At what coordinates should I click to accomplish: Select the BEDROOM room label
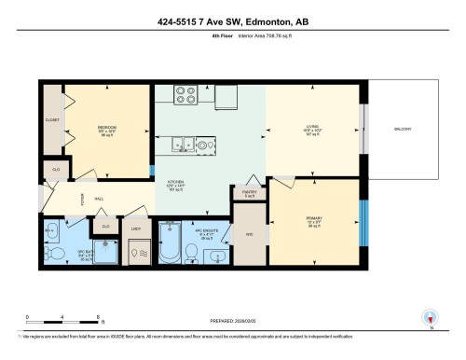(x=106, y=128)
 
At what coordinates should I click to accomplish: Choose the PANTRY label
(x=249, y=193)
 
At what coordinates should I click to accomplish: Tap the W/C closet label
(x=249, y=233)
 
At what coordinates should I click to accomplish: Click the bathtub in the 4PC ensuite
(x=171, y=242)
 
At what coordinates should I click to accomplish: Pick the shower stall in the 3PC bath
(x=138, y=250)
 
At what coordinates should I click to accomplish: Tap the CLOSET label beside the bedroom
(x=52, y=120)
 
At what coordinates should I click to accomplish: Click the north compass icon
(x=430, y=318)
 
